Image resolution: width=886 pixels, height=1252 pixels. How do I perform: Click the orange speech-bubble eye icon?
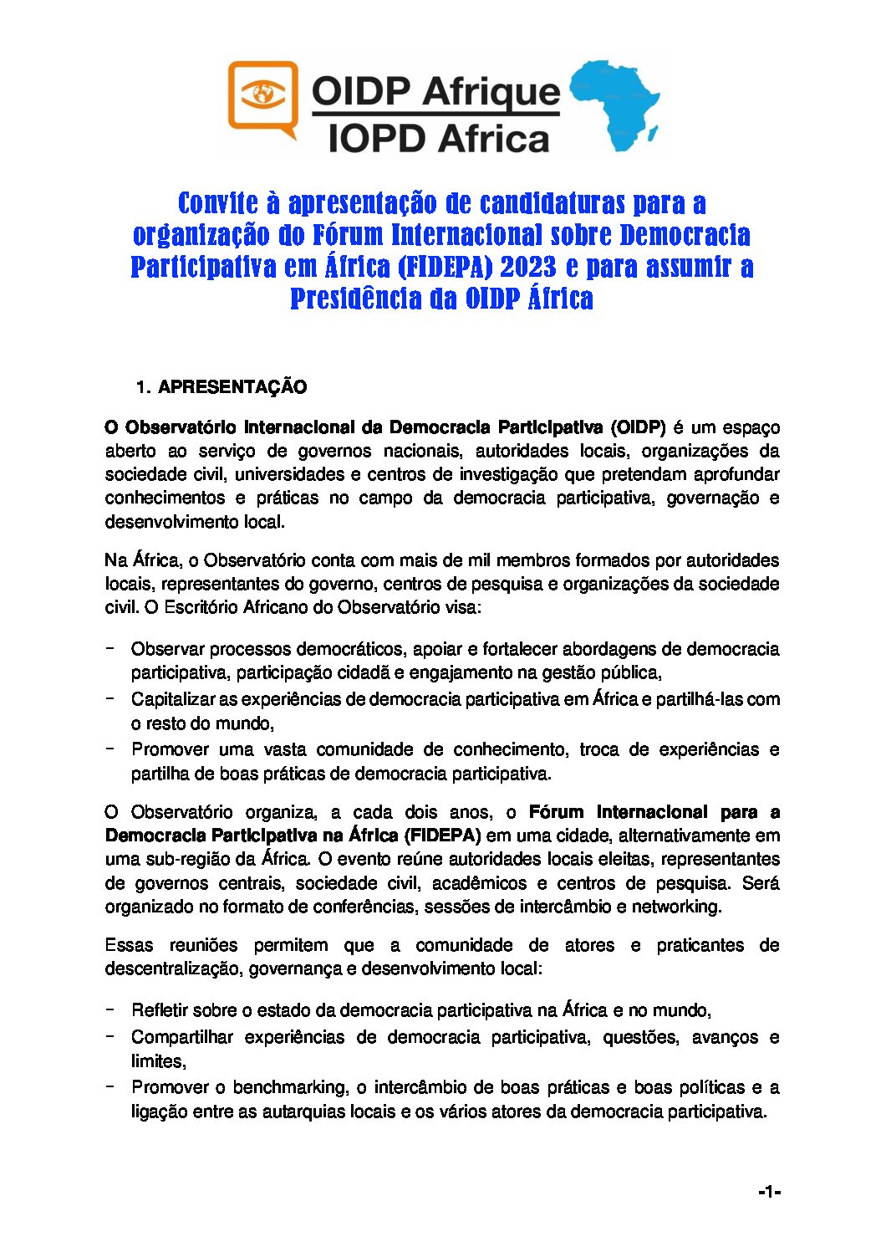tap(262, 98)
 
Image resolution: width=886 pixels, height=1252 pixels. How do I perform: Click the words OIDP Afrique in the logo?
tap(435, 93)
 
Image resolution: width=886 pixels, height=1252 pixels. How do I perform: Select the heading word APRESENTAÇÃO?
tap(232, 387)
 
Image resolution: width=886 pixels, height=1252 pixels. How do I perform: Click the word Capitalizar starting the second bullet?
tap(173, 699)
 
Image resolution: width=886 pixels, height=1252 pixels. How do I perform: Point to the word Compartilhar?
tap(182, 1037)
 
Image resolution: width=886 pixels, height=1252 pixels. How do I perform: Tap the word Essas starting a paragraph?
tap(129, 945)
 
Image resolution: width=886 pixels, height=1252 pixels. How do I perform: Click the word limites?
tap(158, 1061)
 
